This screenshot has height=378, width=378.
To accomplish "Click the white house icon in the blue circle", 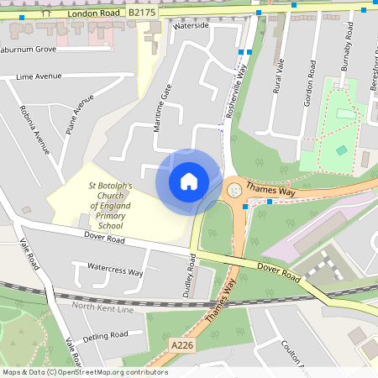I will point(188,181).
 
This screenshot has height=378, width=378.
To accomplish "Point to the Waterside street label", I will point(190,26).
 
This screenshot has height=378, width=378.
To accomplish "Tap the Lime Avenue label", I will point(39,76).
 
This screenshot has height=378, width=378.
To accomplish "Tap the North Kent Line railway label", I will point(103,307).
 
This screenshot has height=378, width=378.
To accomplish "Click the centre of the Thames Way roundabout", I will point(234,190).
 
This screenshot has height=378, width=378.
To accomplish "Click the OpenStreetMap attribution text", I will point(85,372).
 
